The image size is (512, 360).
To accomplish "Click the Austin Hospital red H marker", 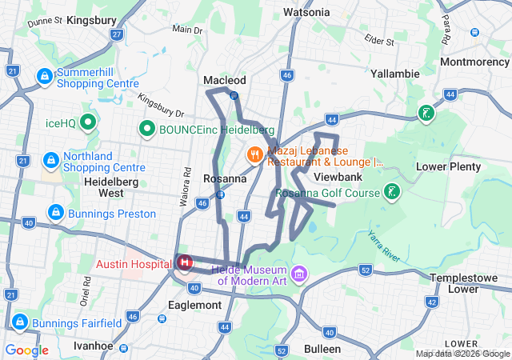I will coord(185,262).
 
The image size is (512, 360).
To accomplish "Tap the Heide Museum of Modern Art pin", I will coord(299,274).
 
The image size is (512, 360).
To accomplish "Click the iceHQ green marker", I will coord(88,123).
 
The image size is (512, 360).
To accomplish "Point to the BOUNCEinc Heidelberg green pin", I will coord(147,128).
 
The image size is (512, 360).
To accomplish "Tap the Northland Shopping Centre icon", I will coord(51,161).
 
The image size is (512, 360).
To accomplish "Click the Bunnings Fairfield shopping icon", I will coord(19,323).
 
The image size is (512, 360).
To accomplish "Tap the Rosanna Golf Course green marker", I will coord(391,192).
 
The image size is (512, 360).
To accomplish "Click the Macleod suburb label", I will coord(225,81).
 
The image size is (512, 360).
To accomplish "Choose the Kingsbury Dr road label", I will coord(161,107).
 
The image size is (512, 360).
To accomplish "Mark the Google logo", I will coord(27,350).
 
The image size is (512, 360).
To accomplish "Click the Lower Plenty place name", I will coord(449,166).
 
